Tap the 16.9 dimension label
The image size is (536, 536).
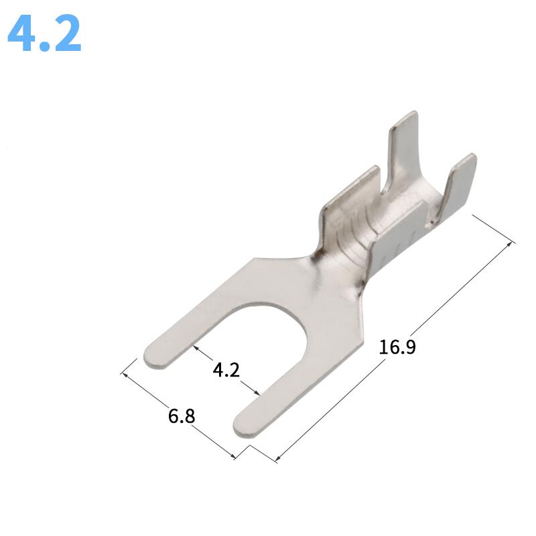click(397, 347)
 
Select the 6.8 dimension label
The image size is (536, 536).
click(182, 415)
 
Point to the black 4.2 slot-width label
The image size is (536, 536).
click(226, 369)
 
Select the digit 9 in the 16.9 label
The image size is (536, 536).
click(409, 347)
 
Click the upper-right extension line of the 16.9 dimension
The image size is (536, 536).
click(494, 228)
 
